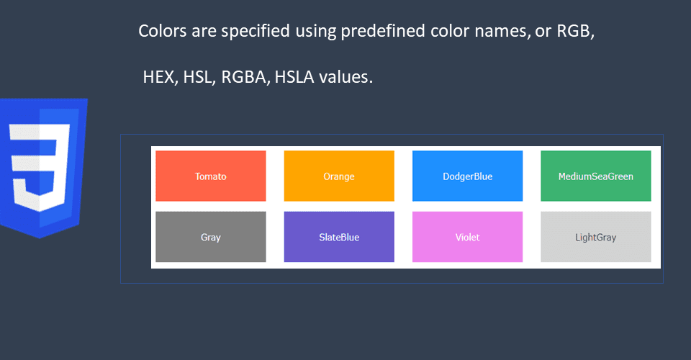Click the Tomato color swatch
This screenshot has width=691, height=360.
(x=211, y=176)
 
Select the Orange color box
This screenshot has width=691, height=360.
(x=339, y=176)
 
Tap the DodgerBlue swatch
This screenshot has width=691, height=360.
(x=468, y=176)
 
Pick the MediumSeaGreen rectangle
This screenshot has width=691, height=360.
(x=596, y=176)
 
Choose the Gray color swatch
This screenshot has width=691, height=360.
(x=211, y=237)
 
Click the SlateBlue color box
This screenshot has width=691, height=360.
(x=339, y=237)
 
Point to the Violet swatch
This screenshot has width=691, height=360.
(x=468, y=237)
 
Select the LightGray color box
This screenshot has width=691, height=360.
(x=596, y=237)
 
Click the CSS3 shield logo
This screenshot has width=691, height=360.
(x=43, y=168)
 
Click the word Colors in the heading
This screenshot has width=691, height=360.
(x=163, y=31)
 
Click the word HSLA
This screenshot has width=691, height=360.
(x=294, y=77)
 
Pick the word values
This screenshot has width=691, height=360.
(x=346, y=77)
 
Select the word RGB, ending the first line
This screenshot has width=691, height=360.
(x=576, y=31)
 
